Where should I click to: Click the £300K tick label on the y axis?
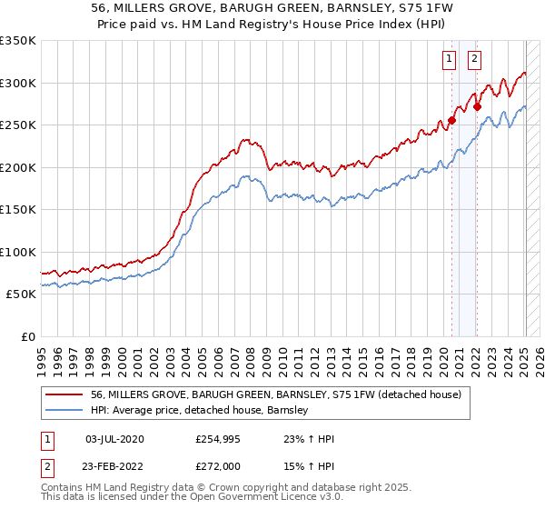click(x=17, y=83)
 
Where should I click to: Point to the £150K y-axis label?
click(x=17, y=210)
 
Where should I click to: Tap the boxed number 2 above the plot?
click(x=474, y=60)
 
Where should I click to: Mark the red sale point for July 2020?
click(x=451, y=120)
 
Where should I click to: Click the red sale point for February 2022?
click(x=477, y=105)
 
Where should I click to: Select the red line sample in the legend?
click(x=65, y=394)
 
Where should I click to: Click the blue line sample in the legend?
click(x=65, y=410)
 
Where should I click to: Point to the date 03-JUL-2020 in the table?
click(x=114, y=439)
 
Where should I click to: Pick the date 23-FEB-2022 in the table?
click(x=114, y=466)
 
